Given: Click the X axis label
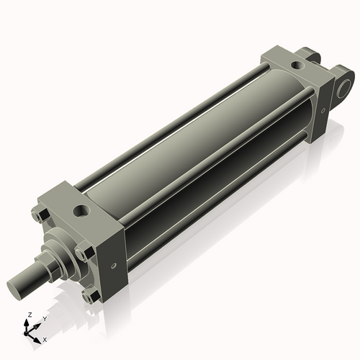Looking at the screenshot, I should (45, 338).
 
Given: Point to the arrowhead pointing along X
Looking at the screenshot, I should (38, 337).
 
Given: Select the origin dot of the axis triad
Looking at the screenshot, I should (28, 332).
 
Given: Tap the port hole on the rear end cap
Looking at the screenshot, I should (294, 66).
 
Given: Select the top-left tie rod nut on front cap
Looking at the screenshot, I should (40, 214).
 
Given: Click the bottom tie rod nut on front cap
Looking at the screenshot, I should (89, 296).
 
